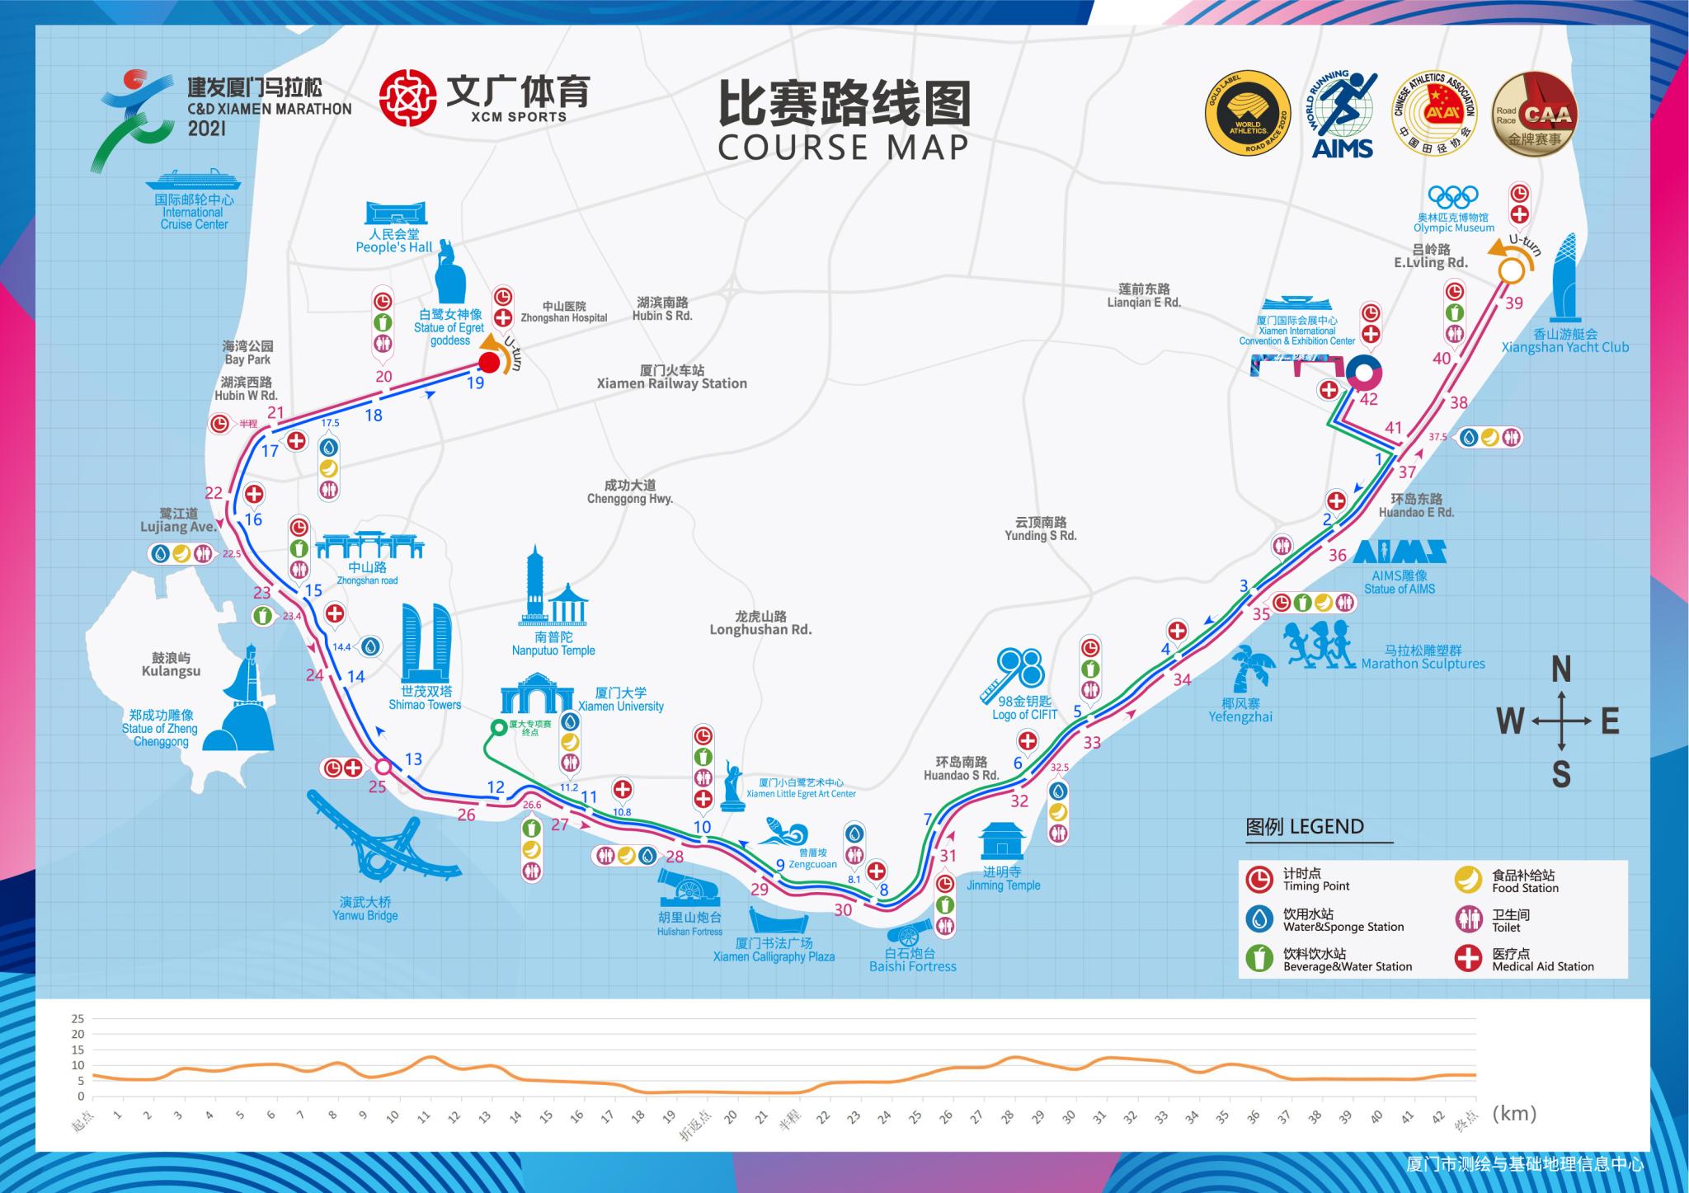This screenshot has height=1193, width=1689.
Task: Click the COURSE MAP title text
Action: pyautogui.click(x=843, y=147)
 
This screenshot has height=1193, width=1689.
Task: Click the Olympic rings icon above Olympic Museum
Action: pyautogui.click(x=1453, y=198)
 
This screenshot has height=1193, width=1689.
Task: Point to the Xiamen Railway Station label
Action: pyautogui.click(x=671, y=383)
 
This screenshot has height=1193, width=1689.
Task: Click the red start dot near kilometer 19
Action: pyautogui.click(x=489, y=363)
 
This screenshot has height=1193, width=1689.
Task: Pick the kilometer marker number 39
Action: pyautogui.click(x=1513, y=303)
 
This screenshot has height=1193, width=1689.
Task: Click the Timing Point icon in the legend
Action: pyautogui.click(x=1259, y=880)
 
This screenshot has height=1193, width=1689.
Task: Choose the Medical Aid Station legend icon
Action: pyautogui.click(x=1468, y=959)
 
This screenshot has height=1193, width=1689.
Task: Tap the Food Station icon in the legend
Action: pyautogui.click(x=1468, y=880)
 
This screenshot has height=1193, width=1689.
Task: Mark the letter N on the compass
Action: pyautogui.click(x=1560, y=670)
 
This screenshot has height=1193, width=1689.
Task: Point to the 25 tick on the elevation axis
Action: pyautogui.click(x=78, y=1018)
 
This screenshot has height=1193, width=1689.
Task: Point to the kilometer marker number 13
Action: pyautogui.click(x=412, y=759)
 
